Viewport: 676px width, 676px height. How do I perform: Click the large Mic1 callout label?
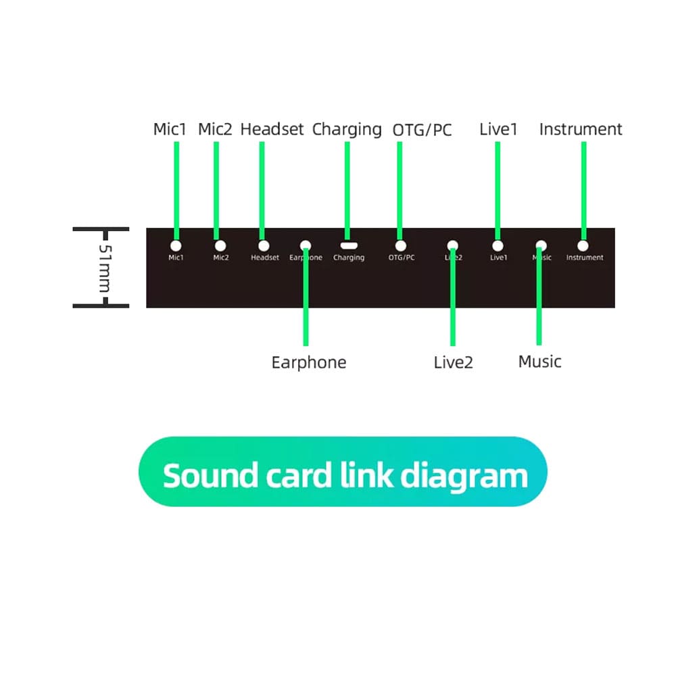click(169, 129)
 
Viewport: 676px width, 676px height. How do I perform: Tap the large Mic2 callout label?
click(215, 129)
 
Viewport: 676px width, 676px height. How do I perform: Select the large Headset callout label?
click(272, 129)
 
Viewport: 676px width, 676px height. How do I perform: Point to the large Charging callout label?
click(347, 129)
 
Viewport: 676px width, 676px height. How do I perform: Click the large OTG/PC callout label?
click(422, 130)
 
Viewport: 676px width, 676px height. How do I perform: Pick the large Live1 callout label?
click(498, 129)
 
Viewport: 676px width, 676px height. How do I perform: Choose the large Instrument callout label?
click(581, 129)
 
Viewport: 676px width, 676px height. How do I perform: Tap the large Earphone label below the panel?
click(308, 362)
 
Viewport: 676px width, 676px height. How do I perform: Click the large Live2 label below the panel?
click(453, 362)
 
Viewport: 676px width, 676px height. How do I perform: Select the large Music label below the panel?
click(539, 362)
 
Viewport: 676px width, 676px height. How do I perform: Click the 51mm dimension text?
click(104, 268)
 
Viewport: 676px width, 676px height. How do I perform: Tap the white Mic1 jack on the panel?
click(176, 246)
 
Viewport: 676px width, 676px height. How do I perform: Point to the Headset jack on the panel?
click(264, 246)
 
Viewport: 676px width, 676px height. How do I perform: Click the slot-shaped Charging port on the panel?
click(348, 246)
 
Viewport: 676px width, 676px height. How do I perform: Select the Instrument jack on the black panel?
click(583, 246)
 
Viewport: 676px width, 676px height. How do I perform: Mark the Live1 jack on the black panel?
click(498, 246)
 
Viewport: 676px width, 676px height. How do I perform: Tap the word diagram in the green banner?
click(464, 477)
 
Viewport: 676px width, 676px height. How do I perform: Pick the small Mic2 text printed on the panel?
click(221, 258)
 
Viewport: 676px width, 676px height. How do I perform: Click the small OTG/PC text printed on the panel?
click(402, 258)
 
